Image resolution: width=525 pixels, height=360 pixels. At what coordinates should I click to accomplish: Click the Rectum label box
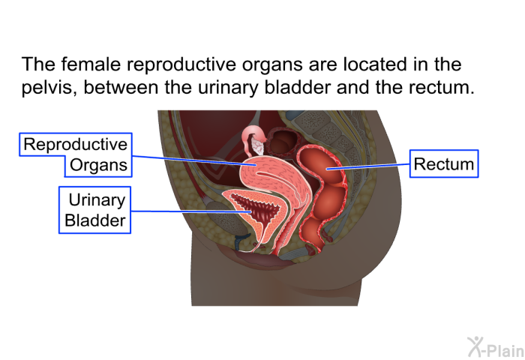[x=444, y=163]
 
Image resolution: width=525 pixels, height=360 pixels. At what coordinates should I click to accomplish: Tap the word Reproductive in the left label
[x=75, y=144]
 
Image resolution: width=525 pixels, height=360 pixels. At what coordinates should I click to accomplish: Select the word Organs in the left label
[x=98, y=165]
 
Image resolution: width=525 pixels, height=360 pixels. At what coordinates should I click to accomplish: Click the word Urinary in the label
[x=97, y=200]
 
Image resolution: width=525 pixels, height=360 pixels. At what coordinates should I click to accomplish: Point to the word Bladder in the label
[x=95, y=220]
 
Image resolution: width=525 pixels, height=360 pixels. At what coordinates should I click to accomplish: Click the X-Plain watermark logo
[x=496, y=347]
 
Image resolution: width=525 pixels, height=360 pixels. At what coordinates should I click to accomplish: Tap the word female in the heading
[x=91, y=64]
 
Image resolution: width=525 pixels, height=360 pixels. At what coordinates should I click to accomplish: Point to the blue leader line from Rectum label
[x=368, y=166]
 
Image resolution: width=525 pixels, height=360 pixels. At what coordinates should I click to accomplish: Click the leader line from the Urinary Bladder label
[x=190, y=211]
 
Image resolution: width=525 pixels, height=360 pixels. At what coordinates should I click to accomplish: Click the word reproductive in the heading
[x=181, y=64]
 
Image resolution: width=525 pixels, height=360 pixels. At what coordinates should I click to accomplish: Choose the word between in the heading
[x=121, y=88]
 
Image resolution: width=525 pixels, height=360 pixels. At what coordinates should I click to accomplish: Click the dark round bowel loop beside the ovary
[x=281, y=142]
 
